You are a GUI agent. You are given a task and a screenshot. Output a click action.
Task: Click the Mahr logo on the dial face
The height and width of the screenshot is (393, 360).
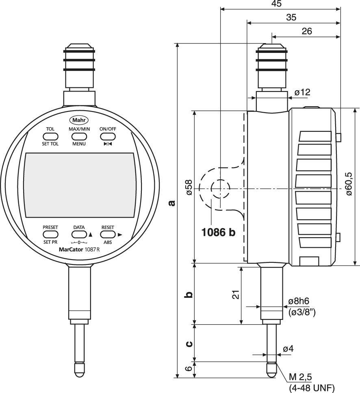[79, 120]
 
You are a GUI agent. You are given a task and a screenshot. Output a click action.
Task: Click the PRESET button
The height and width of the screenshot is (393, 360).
[50, 234]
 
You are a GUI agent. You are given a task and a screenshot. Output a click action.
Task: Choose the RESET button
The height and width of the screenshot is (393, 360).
[108, 234]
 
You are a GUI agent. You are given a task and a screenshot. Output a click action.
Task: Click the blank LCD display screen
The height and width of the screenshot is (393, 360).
[79, 186]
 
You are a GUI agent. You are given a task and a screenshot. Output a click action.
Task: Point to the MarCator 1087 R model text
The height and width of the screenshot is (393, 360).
[76, 249]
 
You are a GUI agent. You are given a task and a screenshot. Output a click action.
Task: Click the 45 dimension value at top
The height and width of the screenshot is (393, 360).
[276, 4]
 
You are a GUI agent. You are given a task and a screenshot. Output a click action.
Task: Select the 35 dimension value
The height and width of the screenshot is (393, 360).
[291, 17]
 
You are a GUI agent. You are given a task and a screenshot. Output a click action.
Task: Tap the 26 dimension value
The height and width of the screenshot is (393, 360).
[307, 31]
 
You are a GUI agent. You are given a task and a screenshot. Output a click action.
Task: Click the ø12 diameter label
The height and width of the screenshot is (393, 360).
[302, 92]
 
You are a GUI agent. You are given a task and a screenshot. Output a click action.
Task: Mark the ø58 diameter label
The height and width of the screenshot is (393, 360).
[189, 187]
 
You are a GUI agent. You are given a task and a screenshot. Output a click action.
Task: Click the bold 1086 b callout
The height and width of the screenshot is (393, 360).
[219, 232]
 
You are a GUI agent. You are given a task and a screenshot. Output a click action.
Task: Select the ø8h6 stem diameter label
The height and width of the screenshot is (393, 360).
[299, 301]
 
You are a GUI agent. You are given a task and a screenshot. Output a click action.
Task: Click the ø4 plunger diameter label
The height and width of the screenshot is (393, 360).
[288, 349]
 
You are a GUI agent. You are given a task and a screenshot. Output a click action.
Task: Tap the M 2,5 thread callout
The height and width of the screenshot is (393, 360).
[300, 376]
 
